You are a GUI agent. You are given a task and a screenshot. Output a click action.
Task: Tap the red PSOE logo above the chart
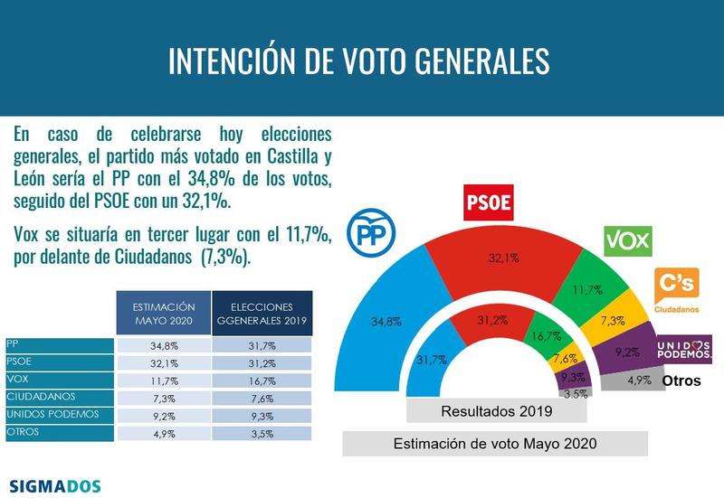(x=488, y=203)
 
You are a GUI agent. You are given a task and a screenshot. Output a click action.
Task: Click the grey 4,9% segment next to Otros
(x=639, y=381)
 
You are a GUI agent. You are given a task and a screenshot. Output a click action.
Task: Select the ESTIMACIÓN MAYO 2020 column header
(x=163, y=315)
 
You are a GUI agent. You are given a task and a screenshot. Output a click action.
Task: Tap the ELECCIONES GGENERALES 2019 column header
(x=262, y=315)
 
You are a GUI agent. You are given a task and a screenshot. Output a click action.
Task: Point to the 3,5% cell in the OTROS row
(x=262, y=432)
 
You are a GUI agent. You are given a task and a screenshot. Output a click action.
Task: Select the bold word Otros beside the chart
(x=681, y=381)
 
